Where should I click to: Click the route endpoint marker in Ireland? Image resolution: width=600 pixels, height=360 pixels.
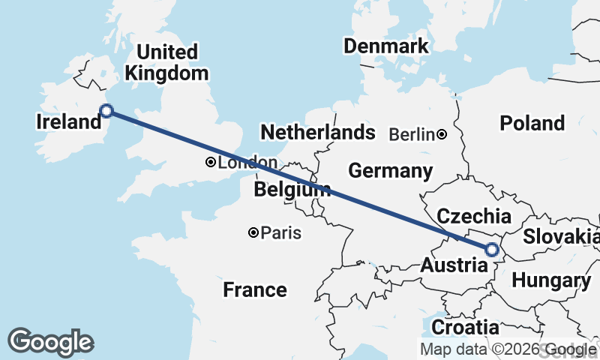[x=106, y=111]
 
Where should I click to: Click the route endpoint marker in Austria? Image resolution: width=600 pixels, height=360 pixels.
[x=493, y=250]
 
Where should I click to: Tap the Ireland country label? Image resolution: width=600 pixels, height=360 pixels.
[x=68, y=121]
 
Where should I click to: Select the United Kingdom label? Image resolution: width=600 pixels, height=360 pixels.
[x=167, y=63]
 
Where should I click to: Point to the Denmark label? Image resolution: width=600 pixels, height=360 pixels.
[x=385, y=46]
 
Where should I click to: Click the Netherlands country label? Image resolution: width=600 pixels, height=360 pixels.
[x=317, y=133]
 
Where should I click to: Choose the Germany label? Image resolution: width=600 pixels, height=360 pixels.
[x=390, y=171]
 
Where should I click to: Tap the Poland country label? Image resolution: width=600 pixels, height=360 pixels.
[x=532, y=123]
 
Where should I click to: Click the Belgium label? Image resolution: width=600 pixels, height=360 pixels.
[x=292, y=190]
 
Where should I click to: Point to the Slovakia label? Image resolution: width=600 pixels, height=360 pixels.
[x=561, y=237]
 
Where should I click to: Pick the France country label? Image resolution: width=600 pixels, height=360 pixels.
[x=255, y=289]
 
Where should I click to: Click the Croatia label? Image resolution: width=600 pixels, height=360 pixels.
[x=465, y=328]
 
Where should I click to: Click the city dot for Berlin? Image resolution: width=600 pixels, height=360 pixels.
[x=442, y=135]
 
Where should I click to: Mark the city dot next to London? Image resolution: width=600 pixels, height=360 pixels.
[x=211, y=163]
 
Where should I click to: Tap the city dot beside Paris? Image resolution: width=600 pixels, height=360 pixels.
[x=254, y=233]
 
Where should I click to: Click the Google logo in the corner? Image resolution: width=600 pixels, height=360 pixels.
[x=50, y=342]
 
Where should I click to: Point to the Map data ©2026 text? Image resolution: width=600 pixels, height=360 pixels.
[x=480, y=349]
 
